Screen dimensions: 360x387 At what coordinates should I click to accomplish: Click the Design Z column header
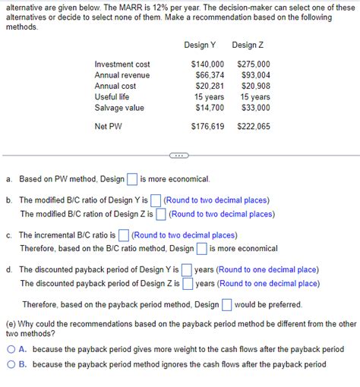pyautogui.click(x=248, y=46)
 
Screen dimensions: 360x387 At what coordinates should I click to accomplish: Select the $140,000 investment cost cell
pyautogui.click(x=207, y=64)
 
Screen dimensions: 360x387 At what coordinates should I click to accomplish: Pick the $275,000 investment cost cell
pyautogui.click(x=253, y=64)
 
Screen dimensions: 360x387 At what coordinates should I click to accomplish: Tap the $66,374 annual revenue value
pyautogui.click(x=210, y=75)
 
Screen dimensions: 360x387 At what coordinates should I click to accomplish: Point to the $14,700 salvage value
pyautogui.click(x=210, y=108)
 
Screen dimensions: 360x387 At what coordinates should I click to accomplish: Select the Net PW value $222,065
pyautogui.click(x=253, y=126)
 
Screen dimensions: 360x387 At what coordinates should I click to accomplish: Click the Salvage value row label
pyautogui.click(x=119, y=108)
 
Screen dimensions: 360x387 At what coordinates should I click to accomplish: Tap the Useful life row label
pyautogui.click(x=112, y=97)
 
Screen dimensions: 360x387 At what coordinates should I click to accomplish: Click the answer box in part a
pyautogui.click(x=132, y=180)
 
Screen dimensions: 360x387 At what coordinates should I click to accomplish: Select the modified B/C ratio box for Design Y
pyautogui.click(x=156, y=201)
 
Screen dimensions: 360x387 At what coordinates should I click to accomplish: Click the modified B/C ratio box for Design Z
pyautogui.click(x=161, y=214)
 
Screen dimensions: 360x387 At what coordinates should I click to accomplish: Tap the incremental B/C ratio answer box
pyautogui.click(x=124, y=235)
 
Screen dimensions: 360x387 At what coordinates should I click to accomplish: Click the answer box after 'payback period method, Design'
pyautogui.click(x=226, y=304)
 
